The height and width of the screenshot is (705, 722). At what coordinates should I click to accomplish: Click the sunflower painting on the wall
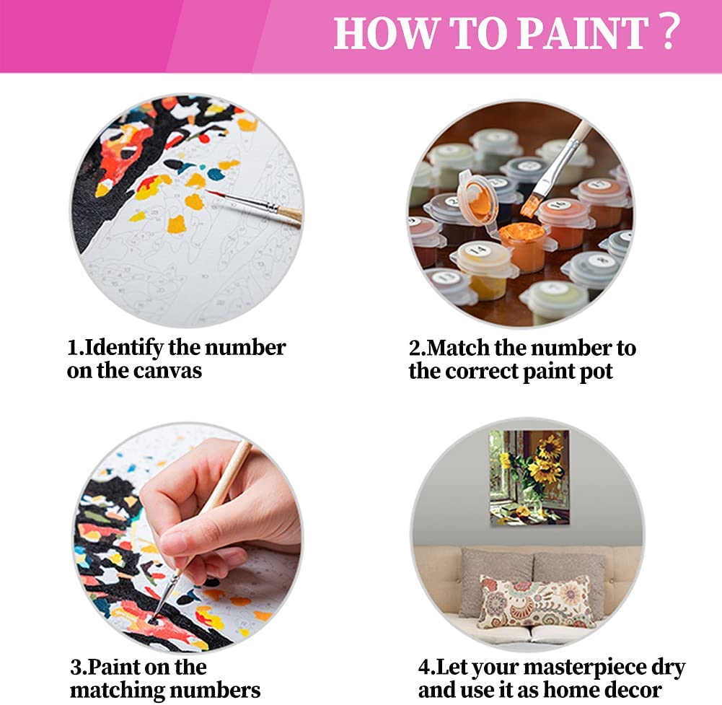(529, 477)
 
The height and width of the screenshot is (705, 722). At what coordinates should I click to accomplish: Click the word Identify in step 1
(123, 348)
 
